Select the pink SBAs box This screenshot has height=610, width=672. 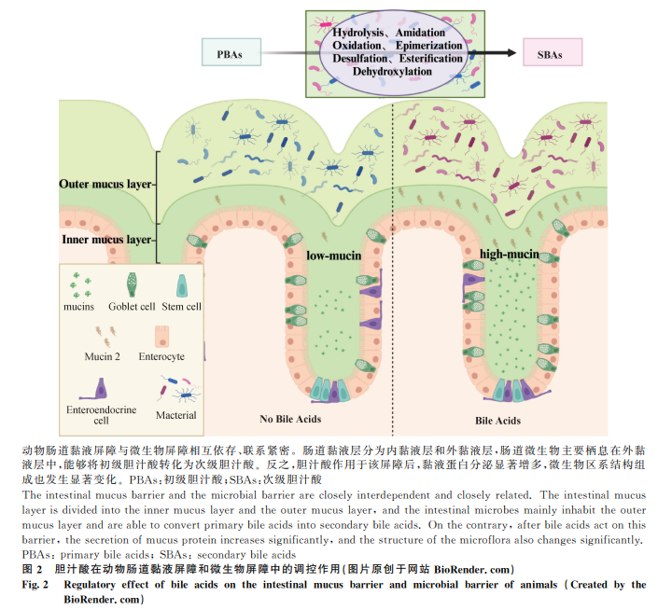(551, 53)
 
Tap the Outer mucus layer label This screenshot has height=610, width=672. (106, 185)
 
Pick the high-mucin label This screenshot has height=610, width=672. (509, 254)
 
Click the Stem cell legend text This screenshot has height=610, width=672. (181, 307)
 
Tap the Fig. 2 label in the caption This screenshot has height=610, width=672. (35, 584)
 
